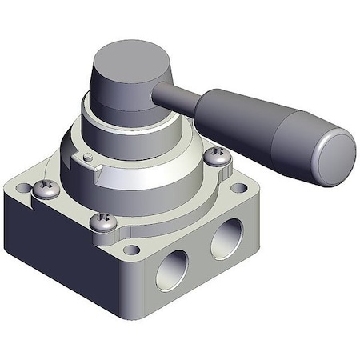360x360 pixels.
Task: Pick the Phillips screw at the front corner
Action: pyautogui.click(x=102, y=222)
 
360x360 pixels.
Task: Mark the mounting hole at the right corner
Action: pyautogui.click(x=239, y=189)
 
